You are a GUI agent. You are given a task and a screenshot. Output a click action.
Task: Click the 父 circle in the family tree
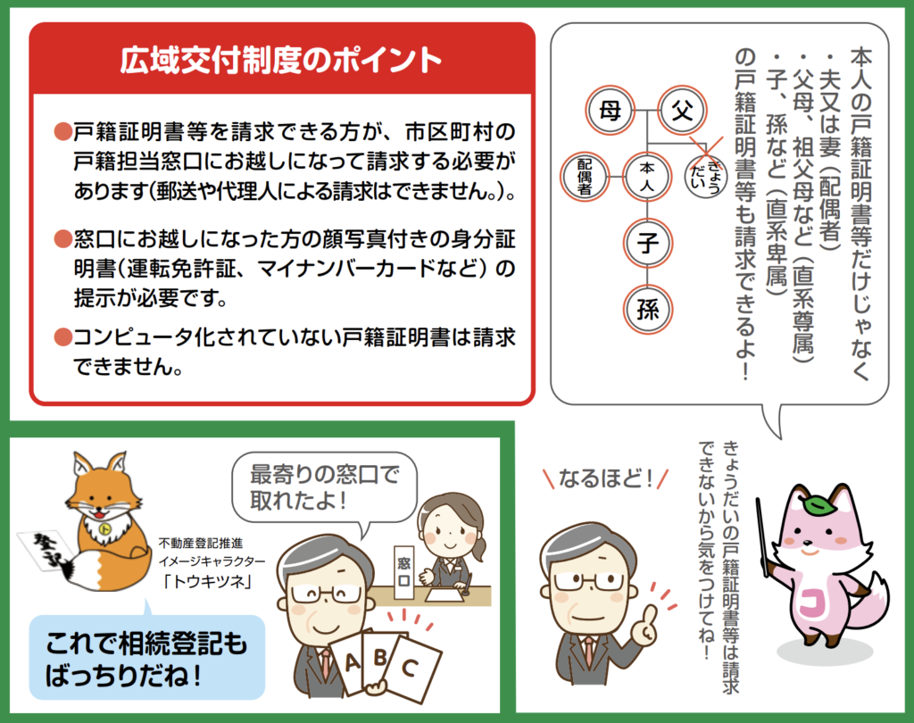tap(681, 110)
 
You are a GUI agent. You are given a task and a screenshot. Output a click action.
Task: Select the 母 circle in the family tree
tap(610, 110)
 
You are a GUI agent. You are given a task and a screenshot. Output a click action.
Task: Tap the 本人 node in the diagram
tap(647, 177)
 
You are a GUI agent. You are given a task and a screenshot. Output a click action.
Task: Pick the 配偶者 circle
tap(585, 177)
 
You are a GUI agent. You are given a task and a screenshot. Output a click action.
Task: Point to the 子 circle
tap(648, 243)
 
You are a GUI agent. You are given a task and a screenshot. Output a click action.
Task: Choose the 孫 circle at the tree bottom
tap(648, 309)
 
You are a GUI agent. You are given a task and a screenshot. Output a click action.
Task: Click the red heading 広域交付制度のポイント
tap(280, 60)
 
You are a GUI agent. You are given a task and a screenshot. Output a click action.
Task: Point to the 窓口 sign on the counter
tap(403, 572)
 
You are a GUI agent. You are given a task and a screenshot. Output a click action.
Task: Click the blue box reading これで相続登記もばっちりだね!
tap(147, 658)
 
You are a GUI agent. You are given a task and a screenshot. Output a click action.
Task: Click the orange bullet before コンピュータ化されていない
tap(62, 337)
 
